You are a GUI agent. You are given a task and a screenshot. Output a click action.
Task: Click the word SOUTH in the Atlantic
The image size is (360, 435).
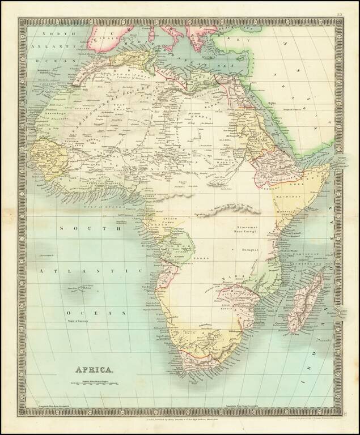click(88, 229)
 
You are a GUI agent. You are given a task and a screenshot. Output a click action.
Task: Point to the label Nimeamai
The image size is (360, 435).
click(247, 225)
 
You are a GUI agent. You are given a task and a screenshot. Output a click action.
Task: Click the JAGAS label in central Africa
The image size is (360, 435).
click(209, 258)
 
